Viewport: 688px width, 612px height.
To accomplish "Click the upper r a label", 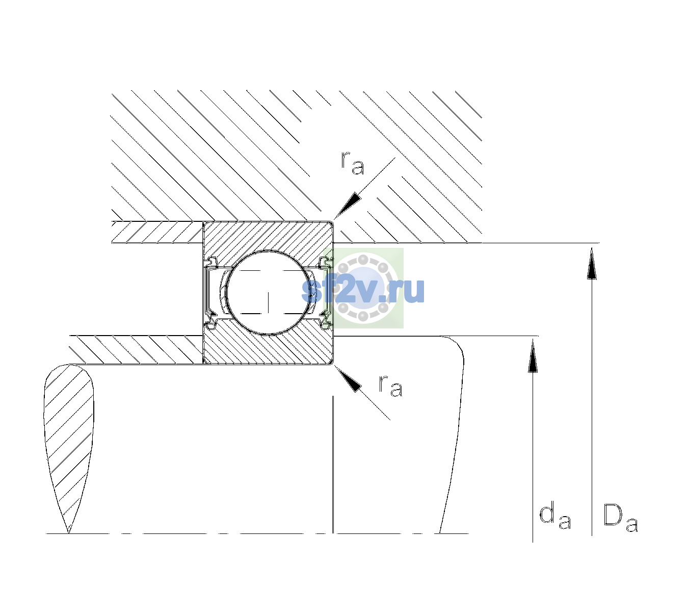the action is pyautogui.click(x=353, y=163).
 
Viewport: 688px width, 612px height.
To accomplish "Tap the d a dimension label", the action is pyautogui.click(x=555, y=516).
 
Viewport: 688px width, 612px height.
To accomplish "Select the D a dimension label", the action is pyautogui.click(x=620, y=518).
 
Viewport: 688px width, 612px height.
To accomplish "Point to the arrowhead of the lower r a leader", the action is pyautogui.click(x=347, y=378).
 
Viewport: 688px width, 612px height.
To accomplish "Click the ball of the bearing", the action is pyautogui.click(x=268, y=293).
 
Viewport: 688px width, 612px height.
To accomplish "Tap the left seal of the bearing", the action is pyautogui.click(x=211, y=293).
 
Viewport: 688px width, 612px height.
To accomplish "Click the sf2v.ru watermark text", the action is pyautogui.click(x=363, y=291).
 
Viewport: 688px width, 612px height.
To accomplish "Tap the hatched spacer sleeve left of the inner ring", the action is pyautogui.click(x=136, y=350).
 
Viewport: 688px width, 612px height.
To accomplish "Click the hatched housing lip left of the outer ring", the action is pyautogui.click(x=157, y=232).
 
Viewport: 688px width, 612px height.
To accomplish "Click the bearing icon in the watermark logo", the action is pyautogui.click(x=363, y=288).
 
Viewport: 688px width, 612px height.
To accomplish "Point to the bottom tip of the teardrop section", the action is pyautogui.click(x=69, y=533).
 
